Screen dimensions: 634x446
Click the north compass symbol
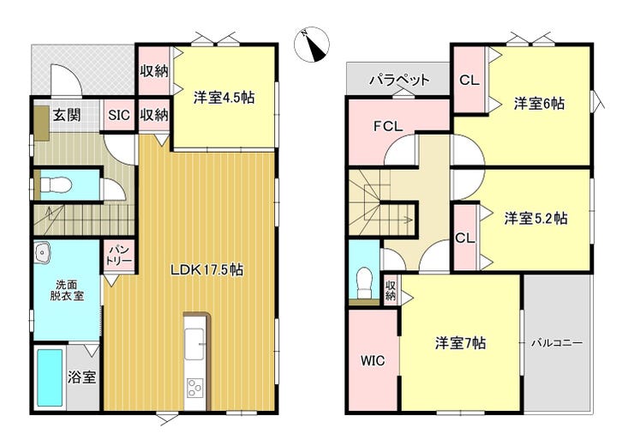(x=312, y=45)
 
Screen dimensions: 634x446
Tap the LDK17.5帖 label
(x=206, y=269)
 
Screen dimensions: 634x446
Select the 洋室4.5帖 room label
(x=224, y=98)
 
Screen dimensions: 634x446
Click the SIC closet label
(x=119, y=115)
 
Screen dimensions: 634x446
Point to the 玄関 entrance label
(x=67, y=115)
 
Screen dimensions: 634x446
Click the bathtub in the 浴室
(x=51, y=377)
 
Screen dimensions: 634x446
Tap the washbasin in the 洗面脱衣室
(x=42, y=253)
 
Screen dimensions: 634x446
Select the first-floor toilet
(x=56, y=185)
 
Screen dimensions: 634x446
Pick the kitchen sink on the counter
(x=194, y=344)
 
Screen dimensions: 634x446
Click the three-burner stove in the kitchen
(x=194, y=388)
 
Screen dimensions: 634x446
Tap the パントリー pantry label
(x=119, y=254)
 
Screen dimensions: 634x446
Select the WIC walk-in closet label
(x=373, y=360)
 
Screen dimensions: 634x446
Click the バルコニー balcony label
(x=557, y=343)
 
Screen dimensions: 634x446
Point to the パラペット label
(x=399, y=79)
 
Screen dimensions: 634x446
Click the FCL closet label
(x=388, y=127)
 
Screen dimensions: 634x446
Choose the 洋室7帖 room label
(x=461, y=343)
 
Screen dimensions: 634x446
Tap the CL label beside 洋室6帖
(x=469, y=80)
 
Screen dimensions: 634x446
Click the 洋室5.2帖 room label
(x=535, y=219)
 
